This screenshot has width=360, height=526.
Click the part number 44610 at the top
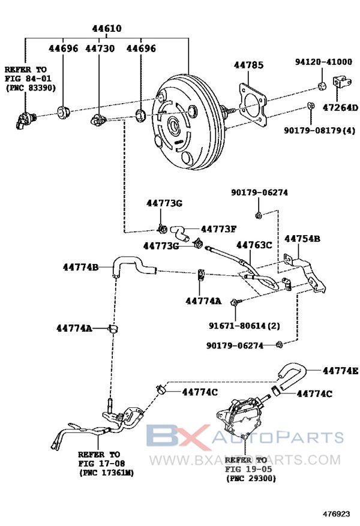[x=107, y=29]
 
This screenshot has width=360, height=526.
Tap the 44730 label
[x=100, y=48]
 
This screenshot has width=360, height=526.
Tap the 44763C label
[x=254, y=245]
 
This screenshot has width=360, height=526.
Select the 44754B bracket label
[x=302, y=239]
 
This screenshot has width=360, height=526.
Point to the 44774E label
[x=340, y=371]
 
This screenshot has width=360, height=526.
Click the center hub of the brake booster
[x=175, y=126]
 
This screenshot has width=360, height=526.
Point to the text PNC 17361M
[x=106, y=473]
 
